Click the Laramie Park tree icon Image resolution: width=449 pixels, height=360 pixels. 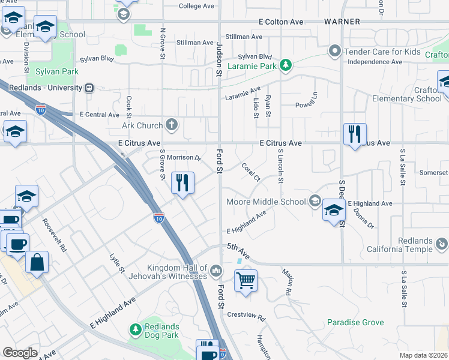287,64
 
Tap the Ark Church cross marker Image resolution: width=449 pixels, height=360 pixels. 172,125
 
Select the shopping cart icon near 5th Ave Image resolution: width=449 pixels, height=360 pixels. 246,280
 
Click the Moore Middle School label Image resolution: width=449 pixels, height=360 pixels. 265,202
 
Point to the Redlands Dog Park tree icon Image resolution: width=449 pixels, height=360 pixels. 135,329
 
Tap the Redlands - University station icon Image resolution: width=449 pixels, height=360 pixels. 89,88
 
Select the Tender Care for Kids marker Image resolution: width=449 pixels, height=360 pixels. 336,52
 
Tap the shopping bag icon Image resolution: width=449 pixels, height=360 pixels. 37,262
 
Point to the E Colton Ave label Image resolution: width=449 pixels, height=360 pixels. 281,22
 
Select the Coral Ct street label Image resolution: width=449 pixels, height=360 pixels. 250,172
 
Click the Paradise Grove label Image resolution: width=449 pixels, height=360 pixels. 355,323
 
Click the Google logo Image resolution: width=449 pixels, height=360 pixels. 20,353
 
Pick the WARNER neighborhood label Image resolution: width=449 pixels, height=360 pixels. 342,22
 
